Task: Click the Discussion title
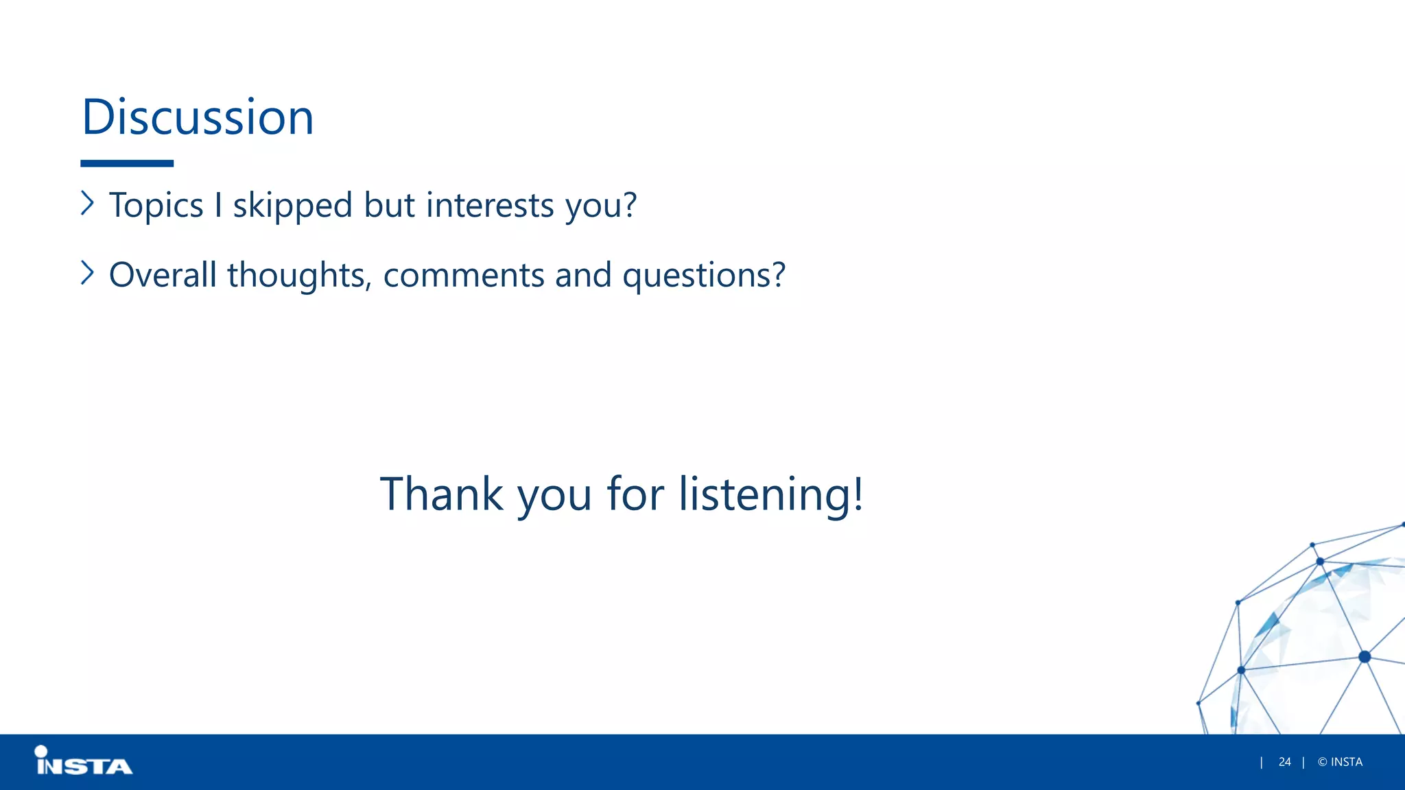coord(198,117)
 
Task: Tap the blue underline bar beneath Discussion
coord(127,163)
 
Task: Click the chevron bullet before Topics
coord(87,203)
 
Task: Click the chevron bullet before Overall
coord(87,273)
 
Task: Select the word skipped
coord(292,206)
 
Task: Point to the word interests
coord(489,205)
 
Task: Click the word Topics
coord(156,206)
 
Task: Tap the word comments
coord(463,276)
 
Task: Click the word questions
coord(703,276)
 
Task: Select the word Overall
coord(163,275)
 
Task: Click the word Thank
coord(442,494)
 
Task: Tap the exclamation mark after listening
coord(858,492)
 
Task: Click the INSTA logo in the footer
coord(84,762)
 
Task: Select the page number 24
coord(1284,762)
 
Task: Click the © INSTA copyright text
coord(1340,762)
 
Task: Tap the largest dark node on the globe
coord(1365,657)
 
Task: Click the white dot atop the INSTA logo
coord(41,752)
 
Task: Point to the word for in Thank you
coord(635,494)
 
